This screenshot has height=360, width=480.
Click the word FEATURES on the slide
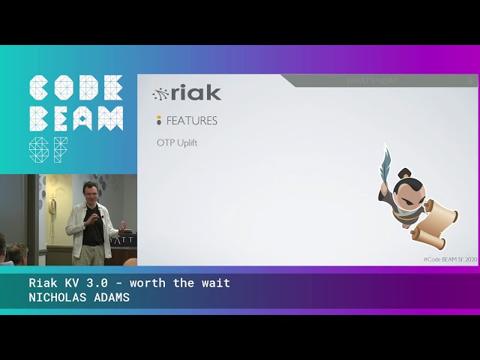click(x=191, y=120)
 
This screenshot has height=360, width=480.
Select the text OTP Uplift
click(x=177, y=142)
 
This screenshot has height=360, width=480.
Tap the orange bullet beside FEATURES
click(x=159, y=120)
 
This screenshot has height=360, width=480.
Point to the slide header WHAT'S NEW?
click(x=372, y=80)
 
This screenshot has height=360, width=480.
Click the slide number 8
click(x=470, y=80)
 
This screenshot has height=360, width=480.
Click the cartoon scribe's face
click(x=406, y=193)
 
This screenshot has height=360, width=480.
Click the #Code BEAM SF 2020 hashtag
click(x=450, y=259)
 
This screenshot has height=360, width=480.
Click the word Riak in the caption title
click(x=42, y=283)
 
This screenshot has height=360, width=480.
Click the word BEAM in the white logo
click(x=76, y=118)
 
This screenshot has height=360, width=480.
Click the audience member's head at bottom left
click(x=17, y=253)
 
